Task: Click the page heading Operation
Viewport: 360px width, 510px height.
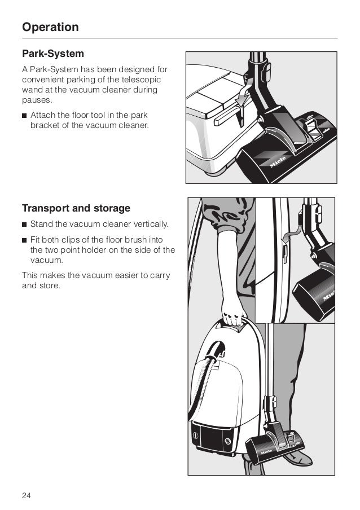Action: pos(50,27)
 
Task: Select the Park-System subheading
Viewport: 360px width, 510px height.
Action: pos(52,54)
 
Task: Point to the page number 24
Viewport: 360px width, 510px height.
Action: pos(27,496)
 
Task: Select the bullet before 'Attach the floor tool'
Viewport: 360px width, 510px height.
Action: pos(24,116)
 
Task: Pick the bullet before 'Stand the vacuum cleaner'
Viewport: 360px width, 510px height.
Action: pos(24,224)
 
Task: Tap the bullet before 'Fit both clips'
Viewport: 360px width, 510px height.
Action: pos(24,240)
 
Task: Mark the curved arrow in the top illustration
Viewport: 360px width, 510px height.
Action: pos(243,96)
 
